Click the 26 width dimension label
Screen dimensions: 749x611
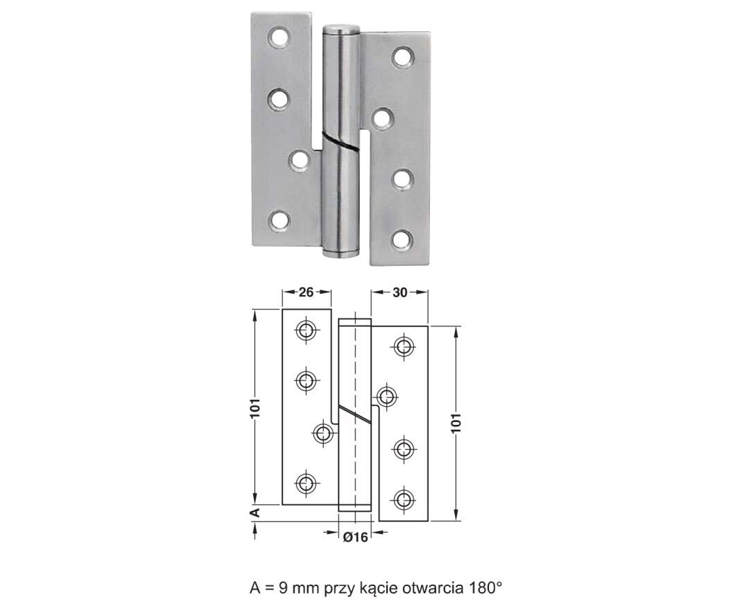(306, 292)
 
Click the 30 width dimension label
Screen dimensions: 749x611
(399, 292)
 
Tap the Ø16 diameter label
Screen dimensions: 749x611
(356, 537)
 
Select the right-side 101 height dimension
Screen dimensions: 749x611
(456, 423)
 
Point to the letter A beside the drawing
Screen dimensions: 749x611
(255, 512)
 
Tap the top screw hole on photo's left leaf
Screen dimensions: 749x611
(279, 37)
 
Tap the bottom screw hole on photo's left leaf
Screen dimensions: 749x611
(279, 221)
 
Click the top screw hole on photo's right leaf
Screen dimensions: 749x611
(403, 56)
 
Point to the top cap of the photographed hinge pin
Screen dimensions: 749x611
(341, 28)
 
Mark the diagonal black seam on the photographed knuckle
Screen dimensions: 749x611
(341, 139)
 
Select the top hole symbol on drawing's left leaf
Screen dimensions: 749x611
(305, 329)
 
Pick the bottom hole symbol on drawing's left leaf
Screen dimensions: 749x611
(305, 483)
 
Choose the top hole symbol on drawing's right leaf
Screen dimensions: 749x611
(404, 345)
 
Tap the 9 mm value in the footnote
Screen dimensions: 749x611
(292, 587)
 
